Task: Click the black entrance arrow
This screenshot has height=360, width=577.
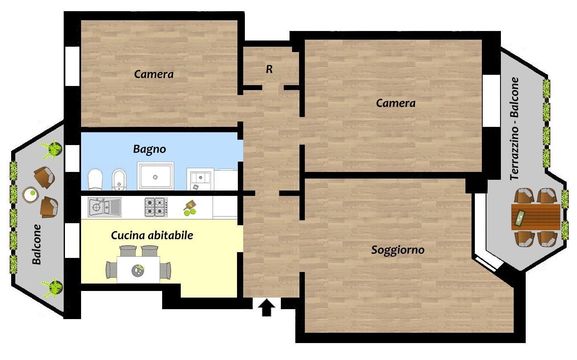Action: click(x=266, y=308)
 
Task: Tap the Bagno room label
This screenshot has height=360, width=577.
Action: click(x=149, y=149)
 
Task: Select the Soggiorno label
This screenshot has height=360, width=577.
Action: click(x=398, y=250)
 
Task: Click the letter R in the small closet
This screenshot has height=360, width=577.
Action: click(x=269, y=69)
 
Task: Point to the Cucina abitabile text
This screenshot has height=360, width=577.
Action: click(x=152, y=235)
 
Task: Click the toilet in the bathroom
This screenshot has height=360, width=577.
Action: click(x=95, y=179)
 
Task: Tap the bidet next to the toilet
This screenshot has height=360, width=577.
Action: click(x=119, y=180)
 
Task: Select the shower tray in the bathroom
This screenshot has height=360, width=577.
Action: click(x=156, y=176)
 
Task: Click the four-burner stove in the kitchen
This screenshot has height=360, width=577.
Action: click(x=156, y=207)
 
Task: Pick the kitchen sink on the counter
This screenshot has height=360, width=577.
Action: click(x=105, y=207)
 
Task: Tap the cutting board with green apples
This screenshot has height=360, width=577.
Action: click(x=190, y=208)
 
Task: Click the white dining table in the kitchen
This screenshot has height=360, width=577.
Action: click(x=138, y=269)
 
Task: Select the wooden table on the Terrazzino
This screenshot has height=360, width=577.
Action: click(x=536, y=217)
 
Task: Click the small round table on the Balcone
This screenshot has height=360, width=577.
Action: click(x=30, y=195)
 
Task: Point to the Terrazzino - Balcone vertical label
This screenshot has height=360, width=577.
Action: click(x=515, y=129)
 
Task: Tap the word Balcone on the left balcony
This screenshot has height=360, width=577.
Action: click(x=37, y=244)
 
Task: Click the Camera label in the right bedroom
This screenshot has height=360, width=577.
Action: click(x=396, y=103)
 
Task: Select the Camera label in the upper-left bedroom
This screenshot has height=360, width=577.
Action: click(x=154, y=74)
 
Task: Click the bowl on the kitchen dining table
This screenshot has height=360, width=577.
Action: click(x=138, y=270)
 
